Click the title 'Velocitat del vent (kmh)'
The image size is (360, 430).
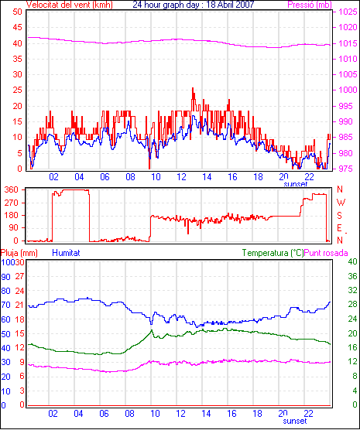pos(70,5)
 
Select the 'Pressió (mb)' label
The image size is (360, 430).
pos(310,5)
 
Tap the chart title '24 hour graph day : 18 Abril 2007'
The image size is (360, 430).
pos(194,5)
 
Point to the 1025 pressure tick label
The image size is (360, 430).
pos(348,12)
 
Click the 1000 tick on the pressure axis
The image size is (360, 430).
pos(348,90)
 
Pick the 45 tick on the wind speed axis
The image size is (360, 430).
pos(17,27)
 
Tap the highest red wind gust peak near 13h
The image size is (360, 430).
pos(193,88)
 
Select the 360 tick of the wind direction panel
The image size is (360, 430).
pos(12,189)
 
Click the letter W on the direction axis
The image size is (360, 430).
pos(341,203)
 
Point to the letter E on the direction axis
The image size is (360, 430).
pos(339,228)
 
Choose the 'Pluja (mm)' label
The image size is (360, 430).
pos(19,253)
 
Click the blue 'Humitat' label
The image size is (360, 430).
pos(66,253)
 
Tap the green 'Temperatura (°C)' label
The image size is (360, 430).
pos(273,253)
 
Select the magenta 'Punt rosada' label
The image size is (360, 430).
pos(326,253)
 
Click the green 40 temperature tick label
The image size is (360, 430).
pos(352,261)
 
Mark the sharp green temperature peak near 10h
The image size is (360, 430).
pos(152,330)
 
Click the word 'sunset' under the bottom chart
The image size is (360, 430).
pos(295,421)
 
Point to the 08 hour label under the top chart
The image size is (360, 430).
pos(130,177)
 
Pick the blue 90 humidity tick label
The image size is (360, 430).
pos(5,277)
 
